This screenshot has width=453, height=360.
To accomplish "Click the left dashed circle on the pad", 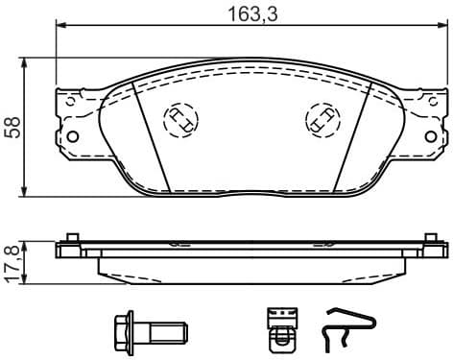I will (x=179, y=119).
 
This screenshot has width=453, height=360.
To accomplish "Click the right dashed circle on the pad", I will (x=320, y=119).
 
